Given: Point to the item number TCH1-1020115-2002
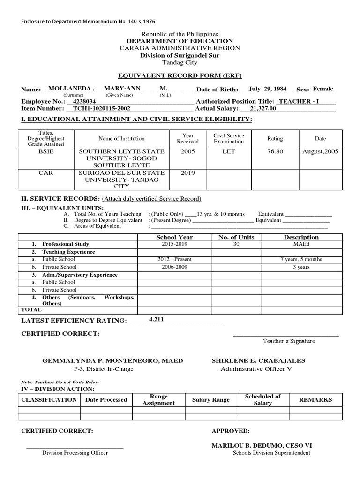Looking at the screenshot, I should [98, 108].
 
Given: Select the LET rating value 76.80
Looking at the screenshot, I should [275, 151].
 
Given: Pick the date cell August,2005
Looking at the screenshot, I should [321, 151].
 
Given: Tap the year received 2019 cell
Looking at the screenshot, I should [187, 172].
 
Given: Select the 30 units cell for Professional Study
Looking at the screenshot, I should [236, 244].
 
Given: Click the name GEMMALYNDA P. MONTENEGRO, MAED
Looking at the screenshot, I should [113, 360].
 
